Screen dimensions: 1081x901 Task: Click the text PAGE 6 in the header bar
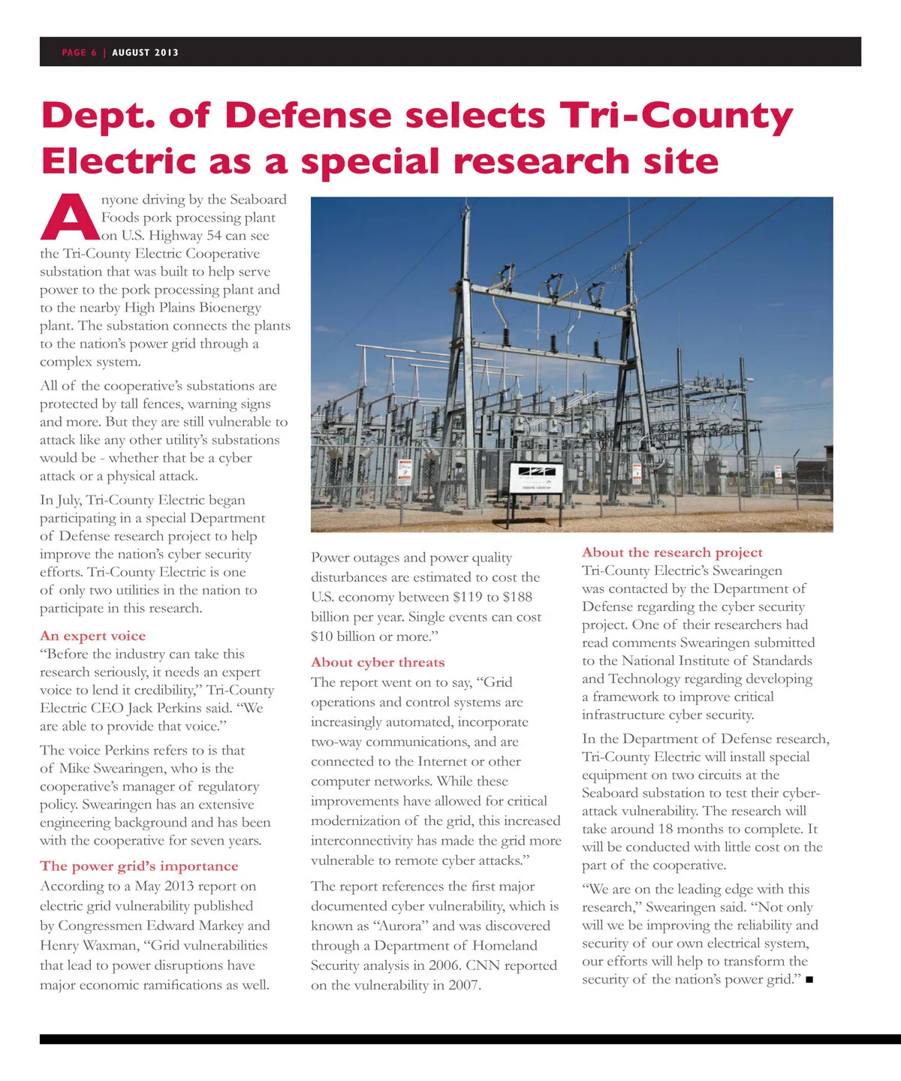[x=79, y=53]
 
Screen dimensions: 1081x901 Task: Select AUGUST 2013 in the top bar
[x=146, y=53]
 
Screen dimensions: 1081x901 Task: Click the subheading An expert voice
[x=93, y=636]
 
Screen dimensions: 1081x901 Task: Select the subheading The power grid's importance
[x=139, y=866]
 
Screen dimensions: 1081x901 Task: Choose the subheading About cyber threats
[x=378, y=662]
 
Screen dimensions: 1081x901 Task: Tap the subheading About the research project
[x=672, y=553]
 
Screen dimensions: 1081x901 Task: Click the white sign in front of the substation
[x=535, y=477]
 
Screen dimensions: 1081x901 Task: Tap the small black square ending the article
[x=809, y=980]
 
